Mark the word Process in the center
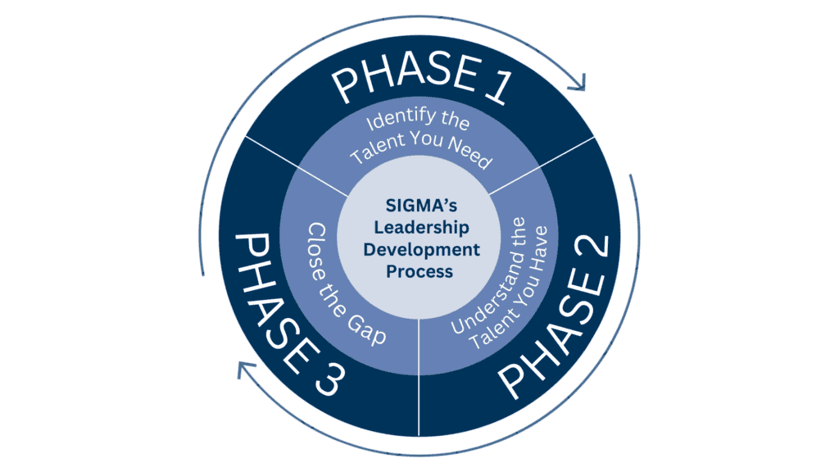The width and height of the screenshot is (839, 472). pos(419,270)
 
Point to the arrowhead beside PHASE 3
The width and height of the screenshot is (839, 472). pos(244,370)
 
